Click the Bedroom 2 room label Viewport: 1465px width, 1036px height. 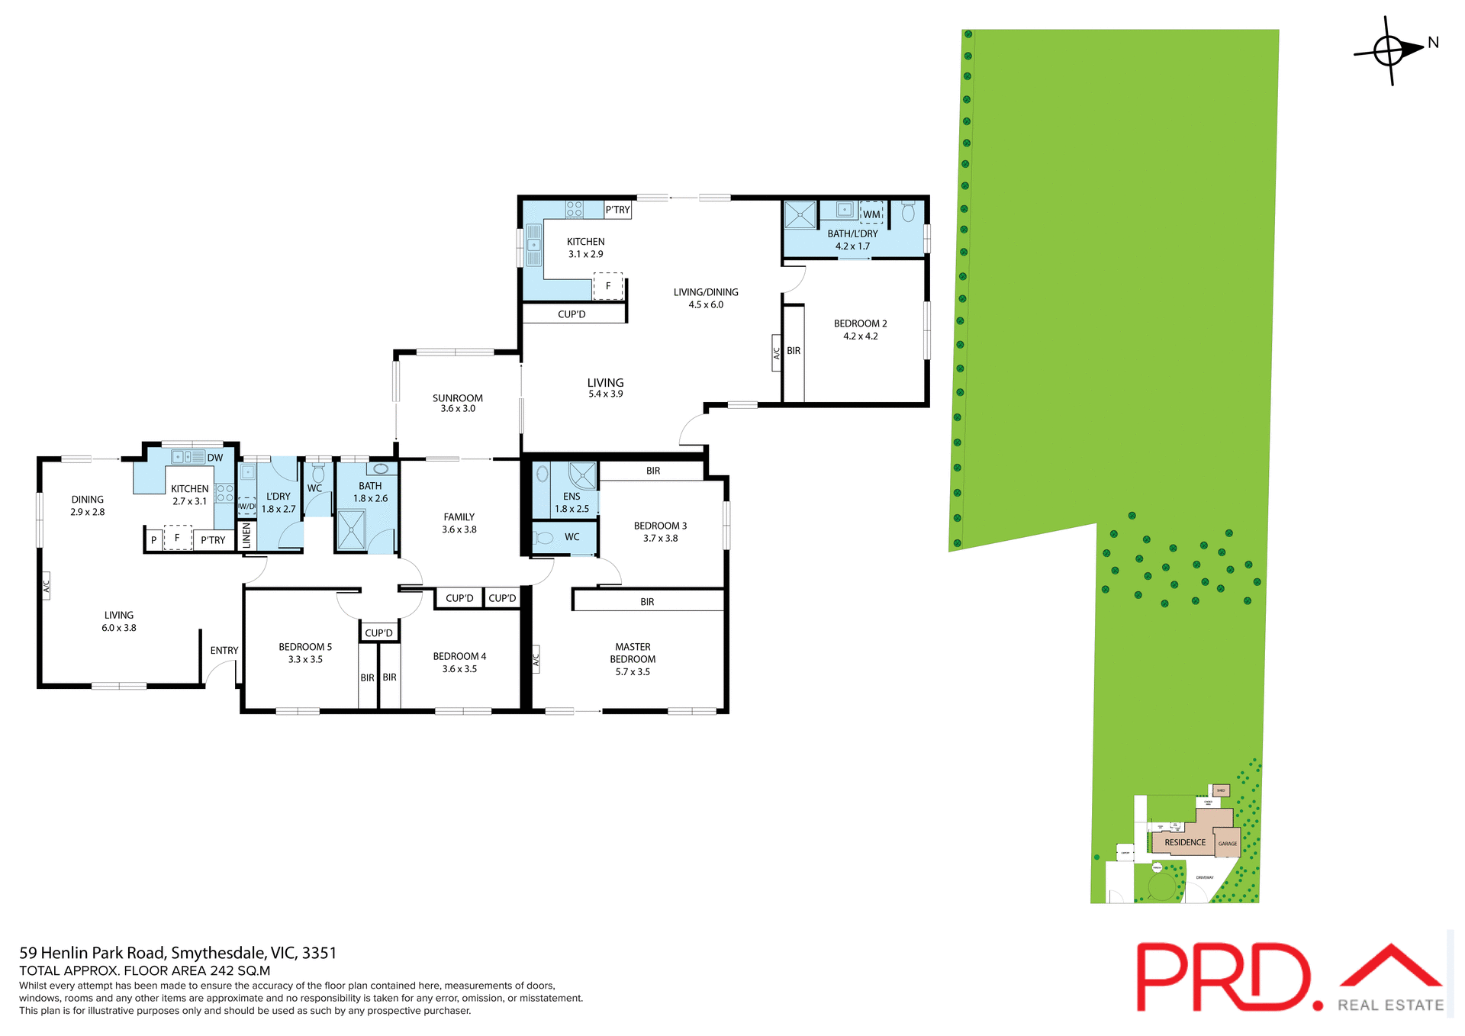[860, 330]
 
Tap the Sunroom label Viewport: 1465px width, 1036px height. [458, 403]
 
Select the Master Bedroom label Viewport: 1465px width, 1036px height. [633, 659]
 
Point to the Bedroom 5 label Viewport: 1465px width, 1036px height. [305, 653]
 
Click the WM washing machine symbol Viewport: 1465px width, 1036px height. [871, 214]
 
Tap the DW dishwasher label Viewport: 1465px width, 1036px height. [215, 458]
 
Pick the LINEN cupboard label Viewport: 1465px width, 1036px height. [246, 535]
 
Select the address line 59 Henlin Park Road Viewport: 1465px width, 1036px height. [178, 953]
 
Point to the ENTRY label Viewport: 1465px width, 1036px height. [224, 651]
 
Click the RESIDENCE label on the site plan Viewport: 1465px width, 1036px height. [1185, 842]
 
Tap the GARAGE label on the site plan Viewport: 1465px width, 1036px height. [1228, 844]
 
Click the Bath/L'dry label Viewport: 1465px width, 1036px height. [852, 240]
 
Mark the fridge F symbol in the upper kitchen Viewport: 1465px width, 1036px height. [608, 286]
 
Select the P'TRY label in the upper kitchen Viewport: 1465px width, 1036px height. [617, 210]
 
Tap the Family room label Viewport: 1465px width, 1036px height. [459, 523]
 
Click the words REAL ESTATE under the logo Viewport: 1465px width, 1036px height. [1390, 1005]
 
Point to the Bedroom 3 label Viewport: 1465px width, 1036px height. [660, 532]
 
